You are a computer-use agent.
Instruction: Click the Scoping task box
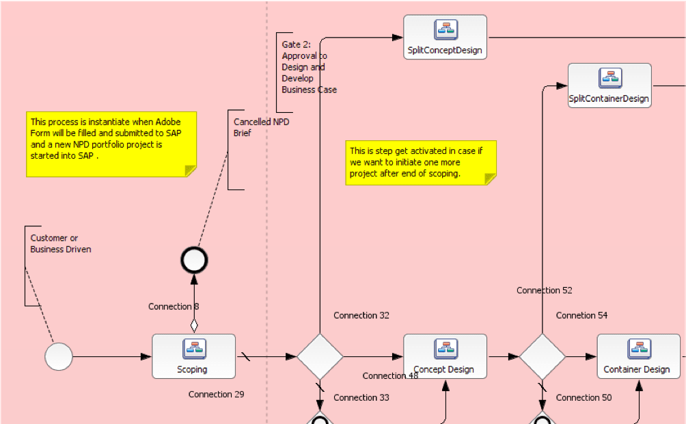pyautogui.click(x=194, y=356)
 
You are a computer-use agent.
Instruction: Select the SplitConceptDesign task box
pyautogui.click(x=445, y=37)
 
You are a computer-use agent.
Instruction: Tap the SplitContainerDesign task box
pyautogui.click(x=609, y=85)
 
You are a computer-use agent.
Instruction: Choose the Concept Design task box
pyautogui.click(x=445, y=356)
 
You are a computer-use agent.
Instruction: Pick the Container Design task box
pyautogui.click(x=639, y=356)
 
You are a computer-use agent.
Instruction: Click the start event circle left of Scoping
pyautogui.click(x=59, y=356)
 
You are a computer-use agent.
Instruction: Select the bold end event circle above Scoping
pyautogui.click(x=194, y=260)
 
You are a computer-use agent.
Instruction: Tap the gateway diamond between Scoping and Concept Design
pyautogui.click(x=320, y=356)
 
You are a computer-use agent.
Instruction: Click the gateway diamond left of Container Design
pyautogui.click(x=543, y=356)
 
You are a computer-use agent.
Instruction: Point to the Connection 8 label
pyautogui.click(x=174, y=306)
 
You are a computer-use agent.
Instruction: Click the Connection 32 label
pyautogui.click(x=361, y=315)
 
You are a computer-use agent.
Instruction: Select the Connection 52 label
pyautogui.click(x=545, y=291)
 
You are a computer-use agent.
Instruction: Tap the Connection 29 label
pyautogui.click(x=216, y=394)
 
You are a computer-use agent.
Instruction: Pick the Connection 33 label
pyautogui.click(x=361, y=398)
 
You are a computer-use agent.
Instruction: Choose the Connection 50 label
pyautogui.click(x=584, y=398)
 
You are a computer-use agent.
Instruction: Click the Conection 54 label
pyautogui.click(x=582, y=315)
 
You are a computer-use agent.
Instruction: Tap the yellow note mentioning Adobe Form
pyautogui.click(x=111, y=144)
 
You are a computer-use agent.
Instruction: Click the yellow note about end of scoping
pyautogui.click(x=421, y=163)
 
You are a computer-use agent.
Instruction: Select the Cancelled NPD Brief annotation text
pyautogui.click(x=261, y=127)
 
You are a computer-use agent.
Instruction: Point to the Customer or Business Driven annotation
pyautogui.click(x=61, y=243)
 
